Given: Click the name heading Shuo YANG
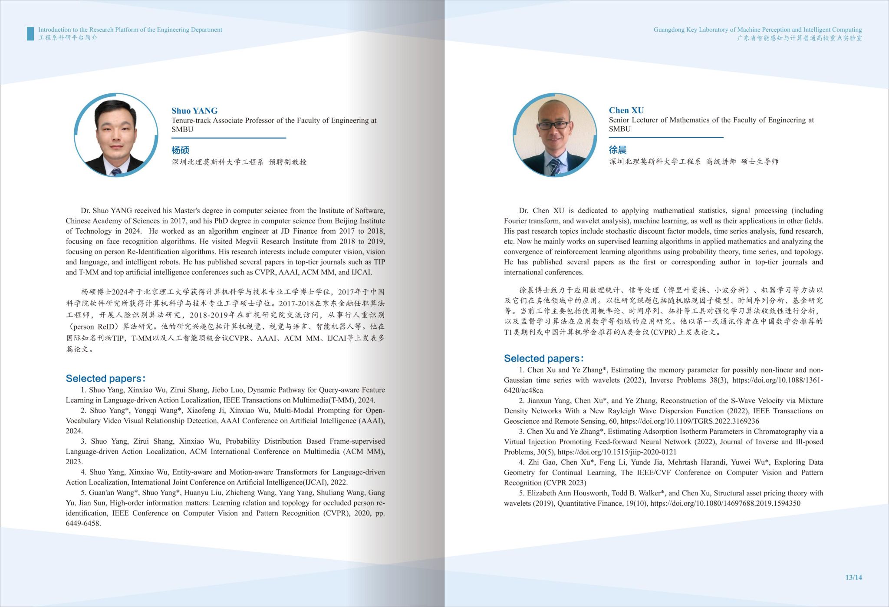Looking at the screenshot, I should tap(194, 111).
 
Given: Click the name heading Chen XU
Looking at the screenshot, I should tap(626, 110).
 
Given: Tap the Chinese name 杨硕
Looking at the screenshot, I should tap(180, 150).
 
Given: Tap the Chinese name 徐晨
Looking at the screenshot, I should tap(617, 150).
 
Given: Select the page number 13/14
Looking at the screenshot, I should tap(853, 577).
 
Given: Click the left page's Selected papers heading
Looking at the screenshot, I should tap(105, 378).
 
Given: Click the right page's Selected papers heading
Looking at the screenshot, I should tap(543, 358).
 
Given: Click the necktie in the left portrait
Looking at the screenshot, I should tap(115, 172).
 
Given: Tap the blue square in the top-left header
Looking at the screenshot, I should tap(30, 33).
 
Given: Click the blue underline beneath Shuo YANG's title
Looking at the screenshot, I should tap(229, 138).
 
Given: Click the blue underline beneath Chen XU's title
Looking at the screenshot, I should tap(666, 138).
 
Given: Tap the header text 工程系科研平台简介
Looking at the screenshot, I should tap(68, 38).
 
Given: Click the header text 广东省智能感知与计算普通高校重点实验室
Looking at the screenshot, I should tap(799, 38).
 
